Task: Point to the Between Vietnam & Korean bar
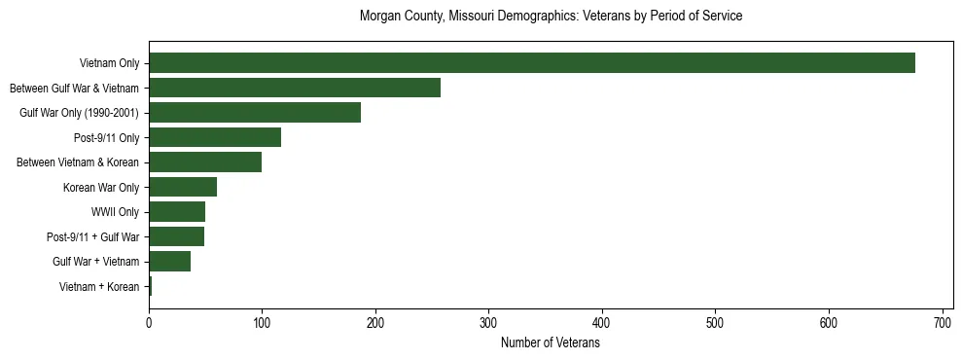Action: coord(205,162)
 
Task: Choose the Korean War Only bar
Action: coord(183,187)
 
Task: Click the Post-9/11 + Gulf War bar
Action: coord(176,236)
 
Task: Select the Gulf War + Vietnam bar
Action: coord(169,262)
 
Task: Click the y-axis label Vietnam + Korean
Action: coord(99,287)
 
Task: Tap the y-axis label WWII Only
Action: coord(114,212)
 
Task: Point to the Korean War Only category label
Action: coord(101,187)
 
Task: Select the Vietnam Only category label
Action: coord(109,63)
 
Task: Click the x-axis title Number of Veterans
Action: coord(550,343)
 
